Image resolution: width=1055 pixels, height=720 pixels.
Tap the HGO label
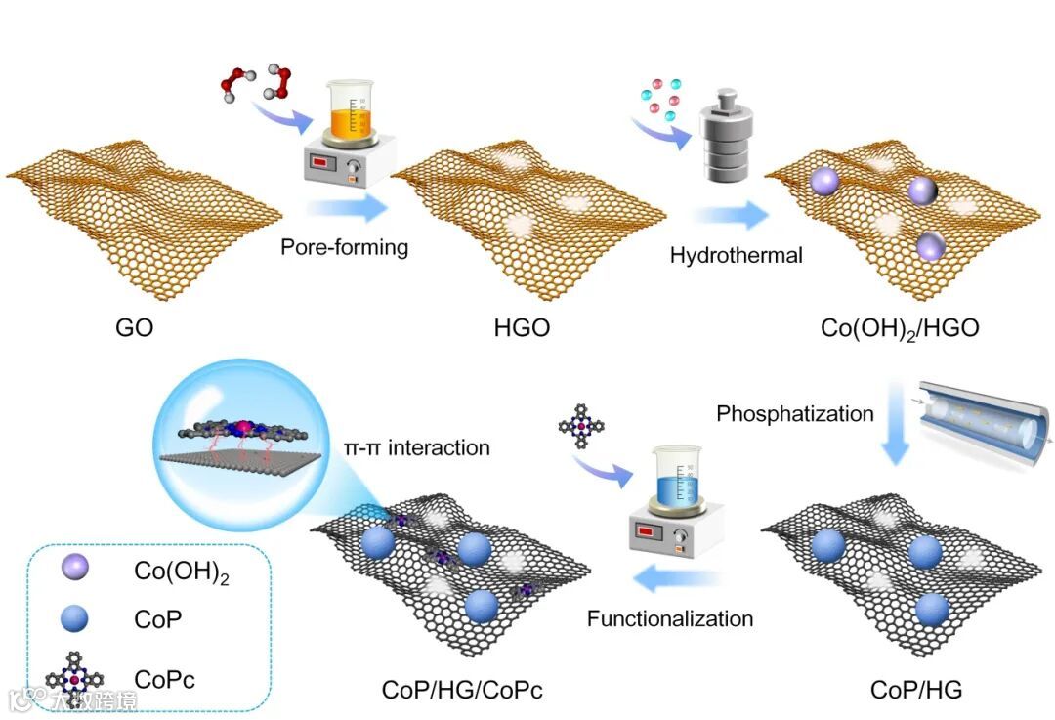pyautogui.click(x=522, y=328)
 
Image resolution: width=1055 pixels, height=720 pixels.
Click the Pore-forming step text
pyautogui.click(x=344, y=246)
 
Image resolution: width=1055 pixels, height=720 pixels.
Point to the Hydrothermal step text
pyautogui.click(x=736, y=256)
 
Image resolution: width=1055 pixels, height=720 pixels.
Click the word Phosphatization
pyautogui.click(x=795, y=413)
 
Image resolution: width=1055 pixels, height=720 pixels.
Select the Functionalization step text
pyautogui.click(x=670, y=618)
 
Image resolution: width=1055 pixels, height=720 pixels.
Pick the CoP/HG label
pyautogui.click(x=915, y=691)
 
